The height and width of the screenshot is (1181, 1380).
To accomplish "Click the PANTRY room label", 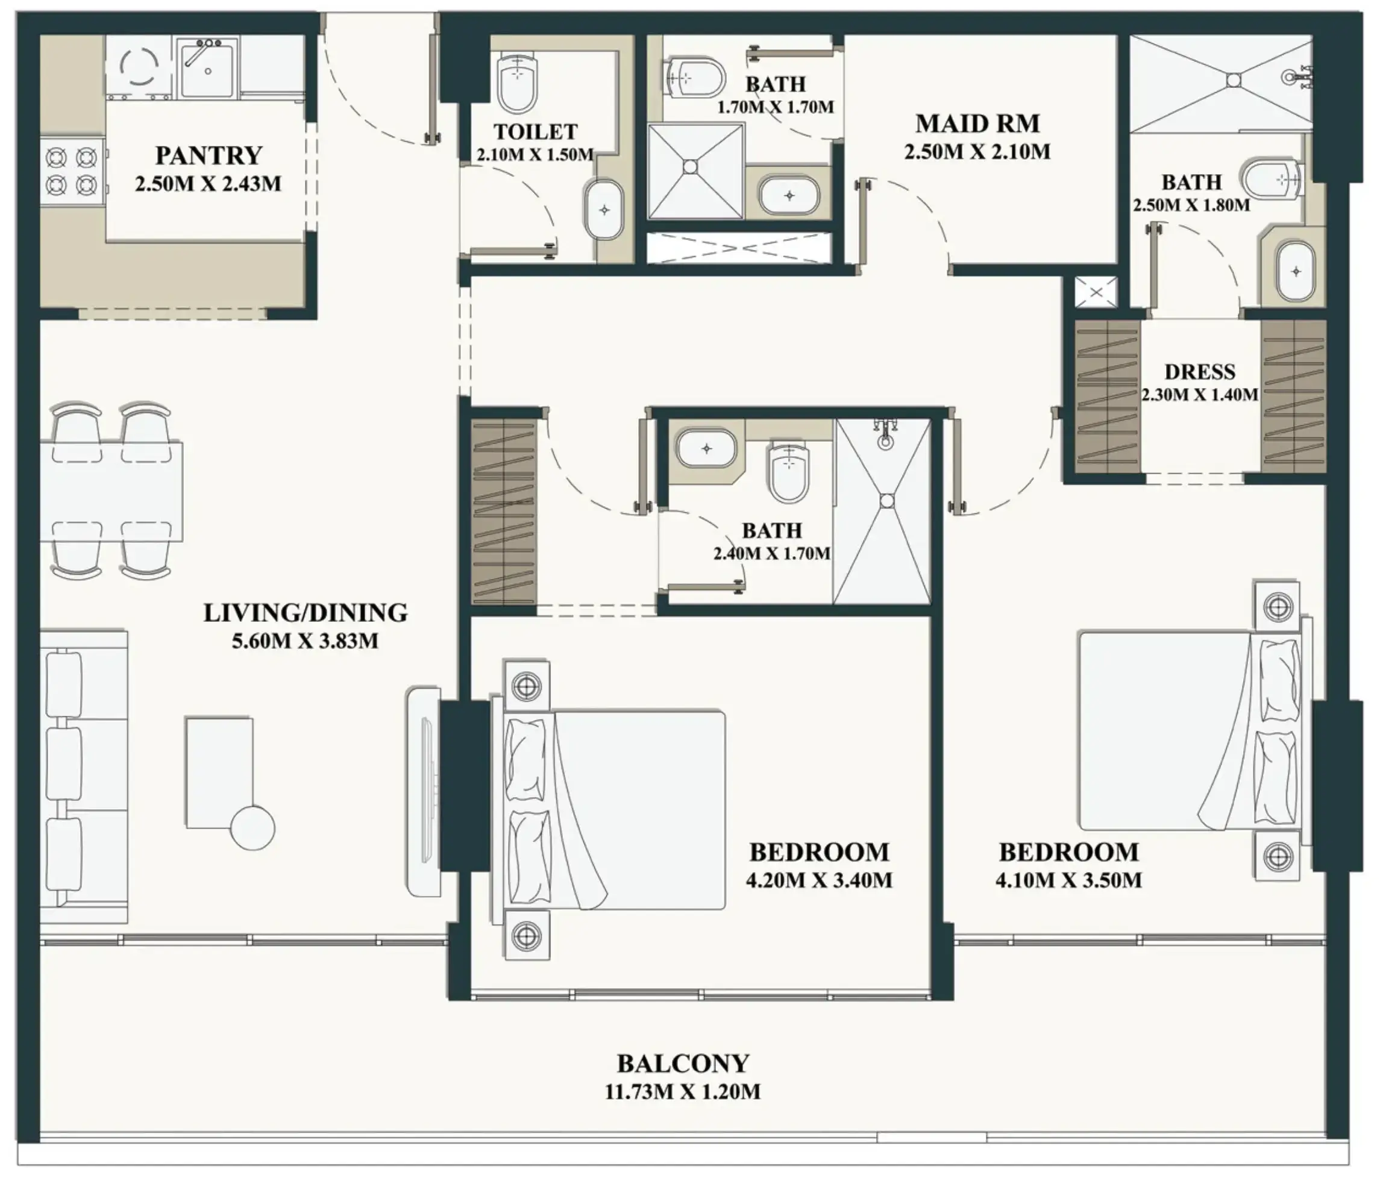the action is tap(209, 156).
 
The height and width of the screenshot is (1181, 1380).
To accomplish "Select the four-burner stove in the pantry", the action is tap(72, 170).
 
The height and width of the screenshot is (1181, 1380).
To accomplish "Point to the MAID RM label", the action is tap(977, 124).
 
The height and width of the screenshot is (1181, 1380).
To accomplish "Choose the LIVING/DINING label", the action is tap(305, 613).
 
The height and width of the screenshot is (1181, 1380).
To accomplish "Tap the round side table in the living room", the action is tap(252, 827).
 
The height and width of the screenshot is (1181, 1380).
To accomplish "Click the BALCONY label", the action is tap(683, 1064).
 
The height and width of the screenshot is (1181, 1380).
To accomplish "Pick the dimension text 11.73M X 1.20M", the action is tap(683, 1092).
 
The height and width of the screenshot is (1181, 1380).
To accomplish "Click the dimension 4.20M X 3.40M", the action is tap(819, 880).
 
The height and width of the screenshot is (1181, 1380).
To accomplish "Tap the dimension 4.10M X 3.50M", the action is tap(1069, 880).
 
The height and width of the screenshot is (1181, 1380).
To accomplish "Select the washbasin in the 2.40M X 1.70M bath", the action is tap(707, 448).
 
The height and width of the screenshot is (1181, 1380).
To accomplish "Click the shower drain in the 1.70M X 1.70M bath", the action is tap(691, 166).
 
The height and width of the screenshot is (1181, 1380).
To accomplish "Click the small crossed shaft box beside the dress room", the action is tap(1096, 292).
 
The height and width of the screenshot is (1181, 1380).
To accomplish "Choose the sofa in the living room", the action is tap(84, 777).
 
